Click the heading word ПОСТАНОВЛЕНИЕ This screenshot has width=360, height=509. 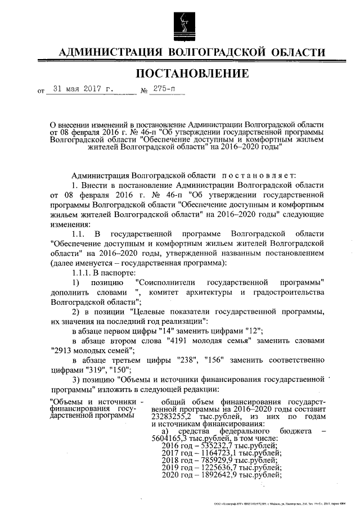pos(192,74)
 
